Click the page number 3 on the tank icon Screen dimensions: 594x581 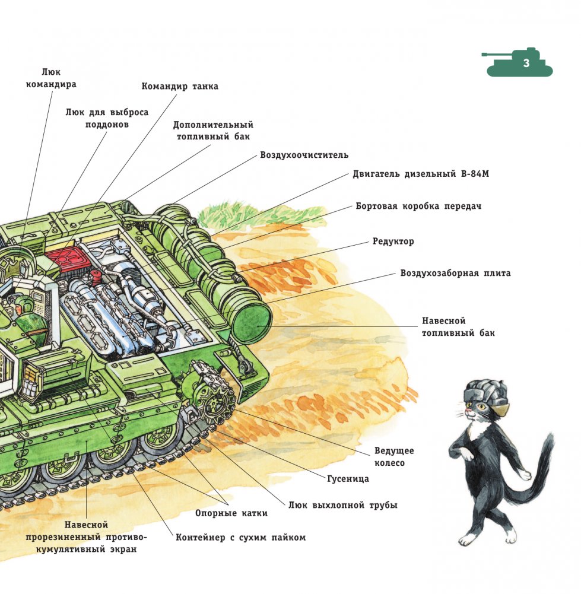526,64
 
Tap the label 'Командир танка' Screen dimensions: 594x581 180,87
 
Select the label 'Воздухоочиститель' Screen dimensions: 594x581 304,155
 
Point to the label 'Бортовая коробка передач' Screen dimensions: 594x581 418,207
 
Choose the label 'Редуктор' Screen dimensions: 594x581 393,242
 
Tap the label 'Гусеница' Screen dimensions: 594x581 348,478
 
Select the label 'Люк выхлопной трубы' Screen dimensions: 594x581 342,506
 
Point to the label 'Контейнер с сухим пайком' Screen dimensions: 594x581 240,538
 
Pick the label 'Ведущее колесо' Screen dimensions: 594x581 394,457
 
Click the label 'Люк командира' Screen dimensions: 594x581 51,78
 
